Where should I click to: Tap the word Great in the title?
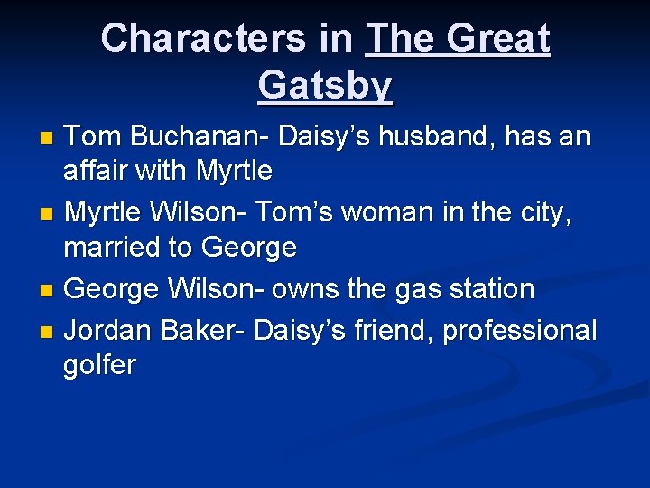point(497,38)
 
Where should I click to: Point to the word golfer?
point(99,365)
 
